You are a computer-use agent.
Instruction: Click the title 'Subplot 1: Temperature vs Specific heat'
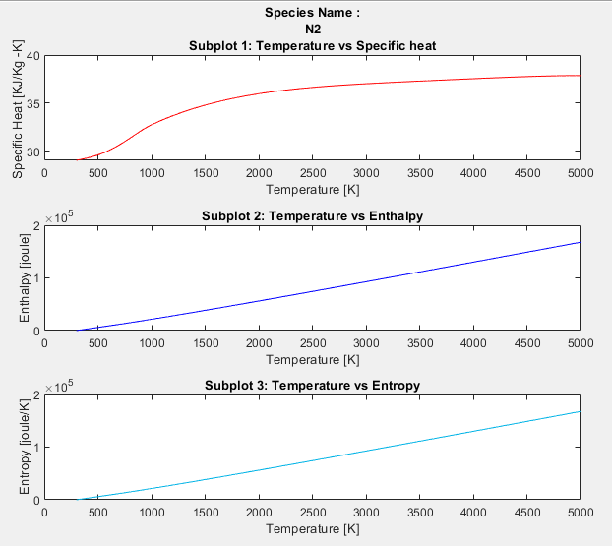pyautogui.click(x=312, y=45)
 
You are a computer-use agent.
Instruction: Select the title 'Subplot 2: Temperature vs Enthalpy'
pyautogui.click(x=312, y=215)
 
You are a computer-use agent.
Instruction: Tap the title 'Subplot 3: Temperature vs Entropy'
pyautogui.click(x=312, y=384)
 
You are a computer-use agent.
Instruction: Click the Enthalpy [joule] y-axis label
pyautogui.click(x=26, y=277)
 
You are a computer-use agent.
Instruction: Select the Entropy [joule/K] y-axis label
pyautogui.click(x=26, y=447)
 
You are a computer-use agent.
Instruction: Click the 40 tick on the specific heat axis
pyautogui.click(x=32, y=56)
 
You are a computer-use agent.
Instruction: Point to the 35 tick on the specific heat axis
pyautogui.click(x=32, y=103)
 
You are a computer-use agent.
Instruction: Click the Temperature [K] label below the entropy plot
pyautogui.click(x=312, y=528)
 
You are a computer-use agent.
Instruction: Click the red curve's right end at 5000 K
pyautogui.click(x=579, y=76)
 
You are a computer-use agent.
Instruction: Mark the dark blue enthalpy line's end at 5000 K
pyautogui.click(x=579, y=242)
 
